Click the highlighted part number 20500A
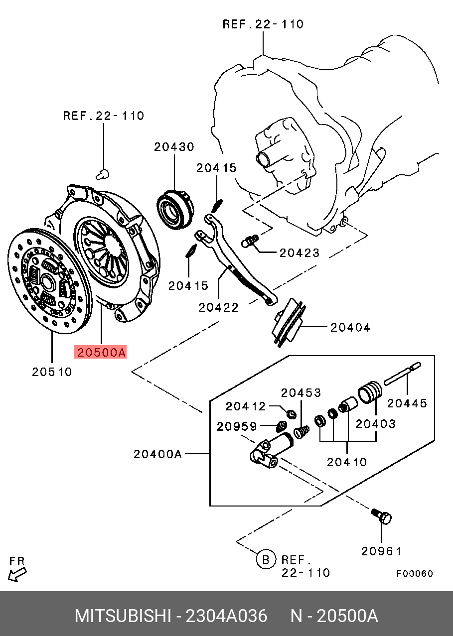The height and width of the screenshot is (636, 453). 100,353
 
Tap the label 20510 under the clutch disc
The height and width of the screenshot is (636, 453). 52,372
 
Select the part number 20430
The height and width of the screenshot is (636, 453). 174,147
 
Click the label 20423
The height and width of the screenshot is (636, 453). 299,253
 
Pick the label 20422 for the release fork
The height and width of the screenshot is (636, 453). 219,308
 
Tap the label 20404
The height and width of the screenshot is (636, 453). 350,327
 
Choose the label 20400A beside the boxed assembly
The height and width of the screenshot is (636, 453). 157,454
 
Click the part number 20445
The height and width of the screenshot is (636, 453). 407,403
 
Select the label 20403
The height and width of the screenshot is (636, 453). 375,423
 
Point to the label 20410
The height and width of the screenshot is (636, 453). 347,462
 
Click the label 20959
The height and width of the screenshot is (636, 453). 237,426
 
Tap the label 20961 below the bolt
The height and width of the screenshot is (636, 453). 381,551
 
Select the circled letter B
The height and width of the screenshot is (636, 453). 266,560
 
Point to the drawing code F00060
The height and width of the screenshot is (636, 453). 415,573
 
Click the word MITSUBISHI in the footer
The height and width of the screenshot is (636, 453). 123,616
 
